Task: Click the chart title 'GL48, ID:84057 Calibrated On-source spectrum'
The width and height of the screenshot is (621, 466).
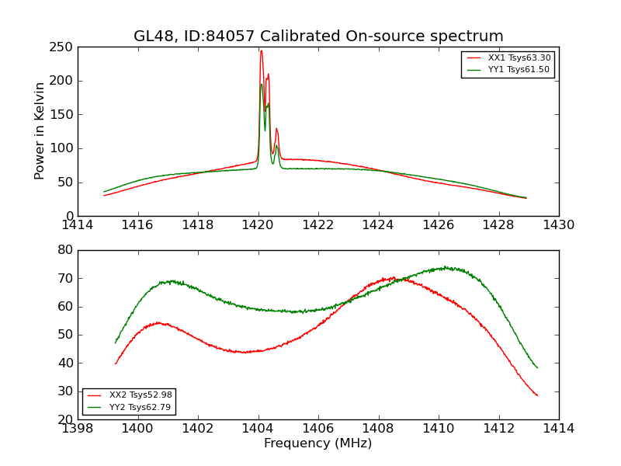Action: tap(318, 37)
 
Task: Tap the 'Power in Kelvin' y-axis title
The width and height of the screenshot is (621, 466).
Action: tap(40, 131)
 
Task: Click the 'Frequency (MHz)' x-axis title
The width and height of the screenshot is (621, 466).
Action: tap(318, 443)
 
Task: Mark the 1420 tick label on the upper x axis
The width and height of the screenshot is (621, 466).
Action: tap(258, 225)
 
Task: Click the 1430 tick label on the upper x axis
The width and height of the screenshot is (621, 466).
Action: tap(559, 225)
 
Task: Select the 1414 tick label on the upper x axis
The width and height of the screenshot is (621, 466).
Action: tap(78, 225)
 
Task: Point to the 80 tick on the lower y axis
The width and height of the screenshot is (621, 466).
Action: tap(65, 250)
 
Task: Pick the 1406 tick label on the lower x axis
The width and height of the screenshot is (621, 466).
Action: tap(318, 429)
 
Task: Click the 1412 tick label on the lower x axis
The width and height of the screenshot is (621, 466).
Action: tap(498, 429)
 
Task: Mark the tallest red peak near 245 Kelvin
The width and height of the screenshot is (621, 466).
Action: tap(261, 51)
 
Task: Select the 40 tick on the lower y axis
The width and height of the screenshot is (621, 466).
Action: tap(65, 363)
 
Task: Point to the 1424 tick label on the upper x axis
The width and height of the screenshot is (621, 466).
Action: tap(379, 225)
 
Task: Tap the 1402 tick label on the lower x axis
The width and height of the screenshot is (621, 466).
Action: tap(198, 429)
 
